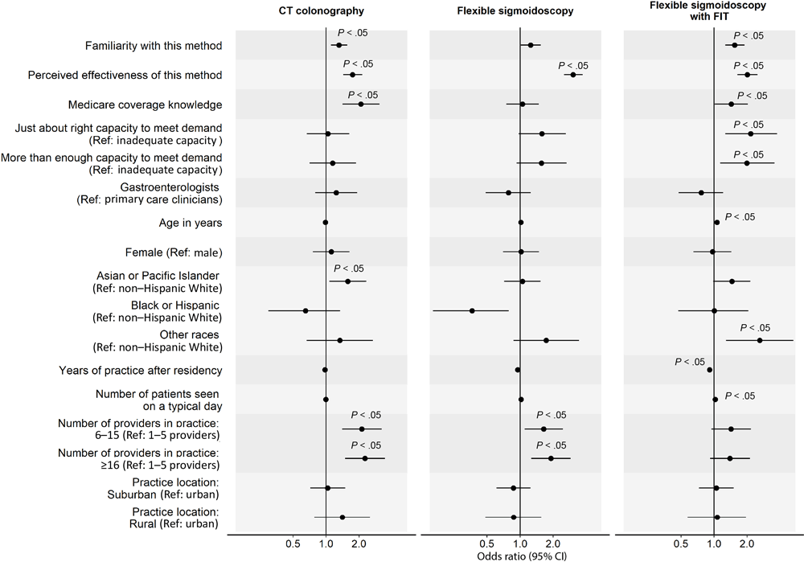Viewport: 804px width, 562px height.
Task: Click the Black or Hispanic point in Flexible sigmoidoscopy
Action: (472, 310)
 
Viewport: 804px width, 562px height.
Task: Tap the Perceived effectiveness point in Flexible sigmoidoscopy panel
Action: (572, 75)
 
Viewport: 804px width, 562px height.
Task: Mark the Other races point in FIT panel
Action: (759, 340)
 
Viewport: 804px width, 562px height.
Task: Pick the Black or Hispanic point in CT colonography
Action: (306, 310)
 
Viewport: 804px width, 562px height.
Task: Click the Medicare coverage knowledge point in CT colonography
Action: (360, 104)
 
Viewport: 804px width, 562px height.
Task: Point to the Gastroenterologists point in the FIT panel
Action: (701, 193)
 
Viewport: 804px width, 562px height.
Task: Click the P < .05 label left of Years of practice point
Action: (690, 362)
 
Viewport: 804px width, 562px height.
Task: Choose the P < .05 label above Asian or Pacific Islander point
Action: (349, 269)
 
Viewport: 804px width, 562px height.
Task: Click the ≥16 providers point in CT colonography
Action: (365, 458)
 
